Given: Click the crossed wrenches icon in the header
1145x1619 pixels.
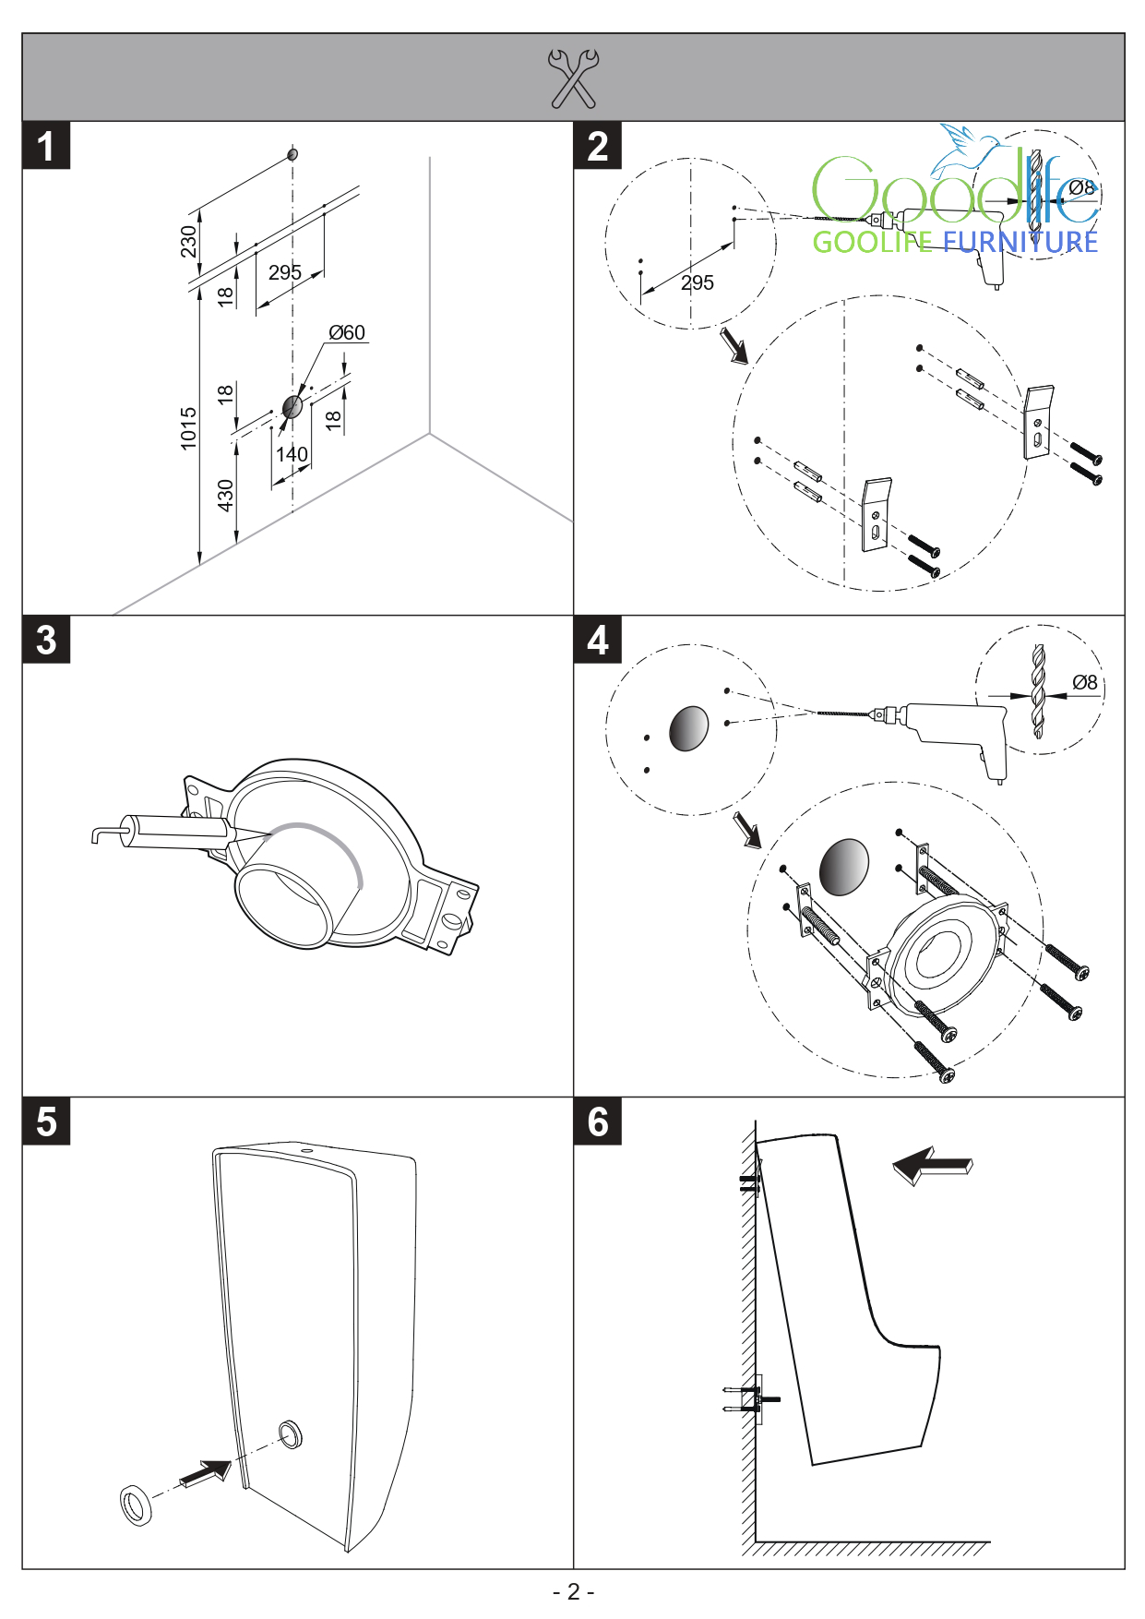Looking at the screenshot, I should [573, 78].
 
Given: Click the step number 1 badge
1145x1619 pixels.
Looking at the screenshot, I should [46, 147].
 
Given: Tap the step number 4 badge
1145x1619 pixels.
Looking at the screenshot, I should [598, 641].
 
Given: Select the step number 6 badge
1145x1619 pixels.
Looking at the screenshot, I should [598, 1122].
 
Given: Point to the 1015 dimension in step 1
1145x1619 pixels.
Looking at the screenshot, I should [189, 428].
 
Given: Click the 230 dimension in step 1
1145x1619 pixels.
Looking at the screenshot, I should [189, 242].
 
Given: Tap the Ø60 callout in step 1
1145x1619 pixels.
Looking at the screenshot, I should [347, 332].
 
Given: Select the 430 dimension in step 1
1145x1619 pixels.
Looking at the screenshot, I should [226, 495].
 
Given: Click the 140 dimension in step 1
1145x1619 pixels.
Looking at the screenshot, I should [292, 454].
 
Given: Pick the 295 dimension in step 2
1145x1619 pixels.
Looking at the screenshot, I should [698, 283].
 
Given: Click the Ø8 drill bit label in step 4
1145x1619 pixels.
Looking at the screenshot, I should [1085, 682].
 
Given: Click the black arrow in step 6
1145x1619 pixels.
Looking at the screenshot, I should [932, 1166].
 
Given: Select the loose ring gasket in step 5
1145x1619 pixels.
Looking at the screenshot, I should [137, 1505].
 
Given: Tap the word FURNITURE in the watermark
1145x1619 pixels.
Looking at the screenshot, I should [1020, 243].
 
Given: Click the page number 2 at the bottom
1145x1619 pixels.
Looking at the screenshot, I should [573, 1591].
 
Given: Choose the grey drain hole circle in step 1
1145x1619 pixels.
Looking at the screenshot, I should [292, 406].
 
